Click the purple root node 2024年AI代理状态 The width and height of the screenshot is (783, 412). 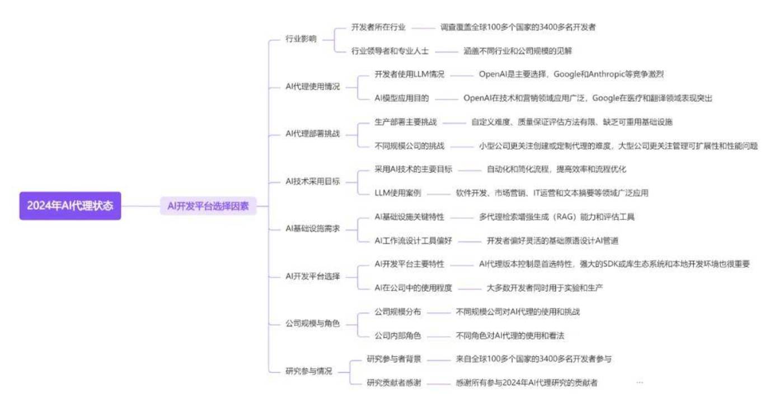click(x=71, y=205)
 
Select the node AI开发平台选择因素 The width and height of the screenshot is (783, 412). click(x=208, y=206)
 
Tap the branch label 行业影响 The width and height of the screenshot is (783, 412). click(x=301, y=39)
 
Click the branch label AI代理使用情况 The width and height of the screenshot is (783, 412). click(x=312, y=86)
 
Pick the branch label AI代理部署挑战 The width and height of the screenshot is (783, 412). click(x=312, y=134)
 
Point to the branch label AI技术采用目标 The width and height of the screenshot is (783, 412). click(x=312, y=181)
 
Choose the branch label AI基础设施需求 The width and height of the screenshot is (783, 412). click(x=312, y=229)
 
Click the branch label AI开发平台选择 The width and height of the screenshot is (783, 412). click(x=312, y=277)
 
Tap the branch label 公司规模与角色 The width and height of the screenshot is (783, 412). click(x=312, y=324)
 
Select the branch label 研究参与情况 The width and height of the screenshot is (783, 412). click(x=308, y=371)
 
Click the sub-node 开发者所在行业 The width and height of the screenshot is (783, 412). click(x=378, y=27)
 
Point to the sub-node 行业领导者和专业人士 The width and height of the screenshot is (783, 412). click(x=390, y=51)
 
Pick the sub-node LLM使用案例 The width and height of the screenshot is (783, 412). click(x=398, y=193)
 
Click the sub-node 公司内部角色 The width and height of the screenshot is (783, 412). click(x=398, y=336)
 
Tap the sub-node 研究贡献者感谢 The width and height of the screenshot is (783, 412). click(x=394, y=383)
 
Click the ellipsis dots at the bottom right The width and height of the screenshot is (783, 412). click(x=639, y=383)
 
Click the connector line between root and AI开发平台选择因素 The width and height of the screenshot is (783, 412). click(x=140, y=206)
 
